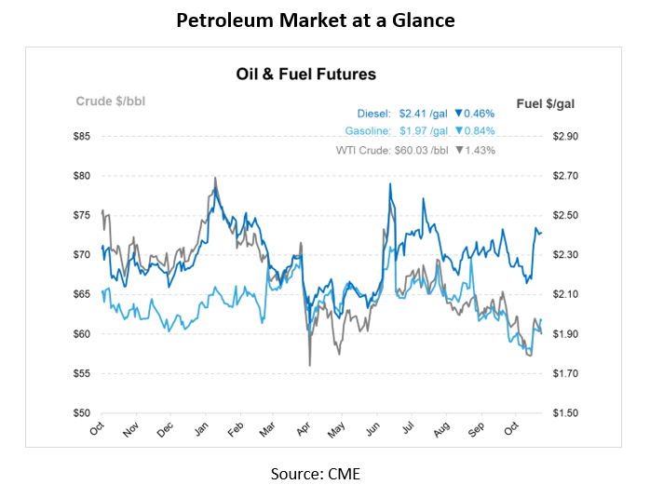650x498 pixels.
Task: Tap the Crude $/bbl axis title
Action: point(110,101)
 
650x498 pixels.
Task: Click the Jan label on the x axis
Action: point(202,431)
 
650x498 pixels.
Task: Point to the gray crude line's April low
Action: point(309,364)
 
